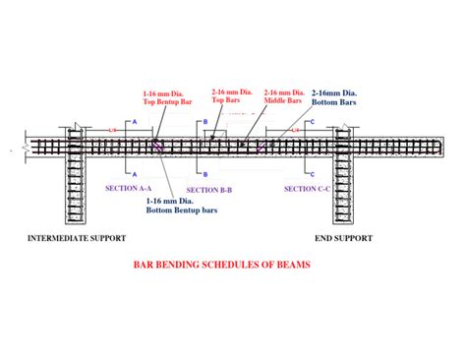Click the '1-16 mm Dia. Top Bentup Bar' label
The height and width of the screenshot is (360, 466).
[x=164, y=98]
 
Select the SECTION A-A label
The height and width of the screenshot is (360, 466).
[x=129, y=185]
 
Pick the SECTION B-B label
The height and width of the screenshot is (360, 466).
[x=209, y=189]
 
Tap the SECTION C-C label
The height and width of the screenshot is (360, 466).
[x=308, y=188]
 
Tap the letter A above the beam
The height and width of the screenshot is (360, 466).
[x=135, y=121]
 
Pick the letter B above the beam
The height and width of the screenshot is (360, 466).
[x=205, y=121]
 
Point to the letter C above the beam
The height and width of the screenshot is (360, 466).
[x=314, y=121]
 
